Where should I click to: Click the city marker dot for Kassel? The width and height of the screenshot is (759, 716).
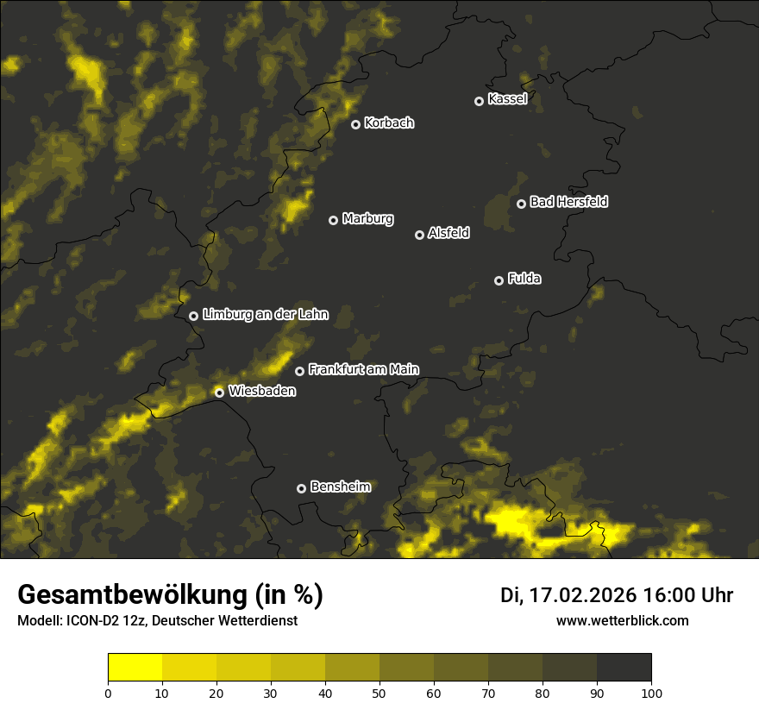click(479, 101)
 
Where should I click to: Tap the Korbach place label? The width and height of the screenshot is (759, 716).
click(389, 123)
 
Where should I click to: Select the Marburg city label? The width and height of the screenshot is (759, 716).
click(367, 219)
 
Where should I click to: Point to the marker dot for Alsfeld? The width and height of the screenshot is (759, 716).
click(420, 235)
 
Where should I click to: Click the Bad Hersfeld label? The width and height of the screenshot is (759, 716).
click(568, 202)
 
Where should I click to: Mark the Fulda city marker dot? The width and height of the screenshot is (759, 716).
click(499, 280)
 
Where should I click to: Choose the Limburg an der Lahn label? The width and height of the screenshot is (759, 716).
click(266, 315)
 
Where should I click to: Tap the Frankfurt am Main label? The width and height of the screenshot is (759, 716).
click(363, 370)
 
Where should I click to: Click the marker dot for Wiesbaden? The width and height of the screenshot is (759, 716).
click(220, 393)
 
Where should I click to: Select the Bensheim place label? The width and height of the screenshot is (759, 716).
click(340, 487)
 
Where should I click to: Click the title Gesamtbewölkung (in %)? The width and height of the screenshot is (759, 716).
click(170, 595)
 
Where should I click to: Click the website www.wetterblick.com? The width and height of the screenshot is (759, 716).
click(623, 620)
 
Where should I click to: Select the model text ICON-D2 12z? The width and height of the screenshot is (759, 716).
click(97, 620)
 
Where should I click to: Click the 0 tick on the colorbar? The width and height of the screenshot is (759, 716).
click(108, 693)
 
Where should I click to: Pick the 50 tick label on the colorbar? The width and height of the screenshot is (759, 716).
click(379, 693)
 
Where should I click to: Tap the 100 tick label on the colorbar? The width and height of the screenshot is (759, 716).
click(651, 693)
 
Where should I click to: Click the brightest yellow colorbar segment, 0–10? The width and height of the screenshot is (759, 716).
click(135, 668)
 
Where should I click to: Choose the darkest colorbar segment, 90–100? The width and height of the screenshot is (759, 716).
click(624, 668)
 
